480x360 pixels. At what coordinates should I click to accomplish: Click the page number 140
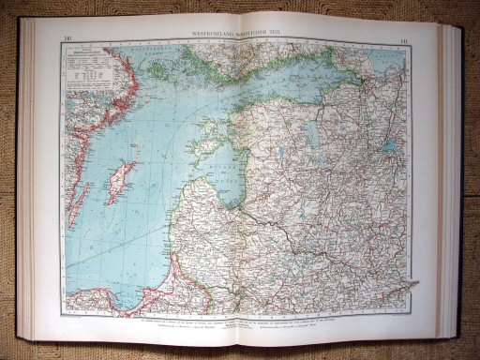[66, 39]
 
